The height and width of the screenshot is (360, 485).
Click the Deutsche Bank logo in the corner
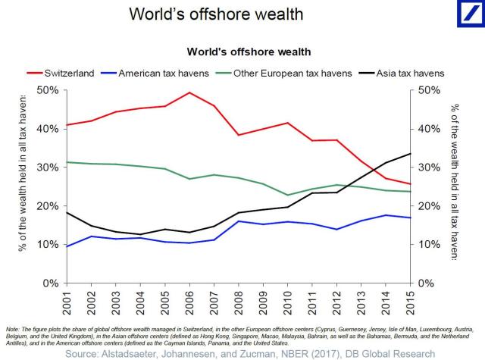pos(463,17)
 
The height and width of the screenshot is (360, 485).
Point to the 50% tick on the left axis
pos(47,90)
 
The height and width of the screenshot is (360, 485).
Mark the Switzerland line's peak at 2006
pos(189,92)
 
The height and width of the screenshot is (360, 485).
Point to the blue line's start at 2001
pos(67,246)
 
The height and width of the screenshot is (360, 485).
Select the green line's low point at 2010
pos(287,195)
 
